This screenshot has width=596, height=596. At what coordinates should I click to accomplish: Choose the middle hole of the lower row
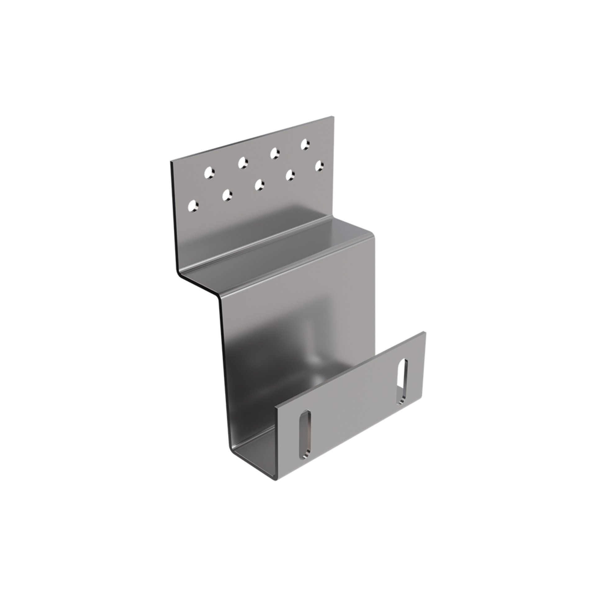259,184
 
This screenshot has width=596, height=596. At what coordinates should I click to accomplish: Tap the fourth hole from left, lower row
290,174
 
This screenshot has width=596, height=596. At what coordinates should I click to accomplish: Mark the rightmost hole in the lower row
319,165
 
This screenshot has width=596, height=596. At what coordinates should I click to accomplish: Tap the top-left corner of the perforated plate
171,162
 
